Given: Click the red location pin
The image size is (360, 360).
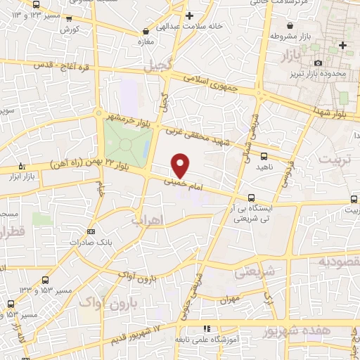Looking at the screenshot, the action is (181, 165).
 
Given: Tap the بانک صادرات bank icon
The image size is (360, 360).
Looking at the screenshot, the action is (91, 231).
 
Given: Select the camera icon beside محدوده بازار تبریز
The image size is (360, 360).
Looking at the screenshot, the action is (319, 63).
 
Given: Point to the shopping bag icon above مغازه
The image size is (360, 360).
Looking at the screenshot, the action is (146, 31).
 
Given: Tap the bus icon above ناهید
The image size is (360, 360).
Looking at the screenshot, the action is (264, 156).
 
